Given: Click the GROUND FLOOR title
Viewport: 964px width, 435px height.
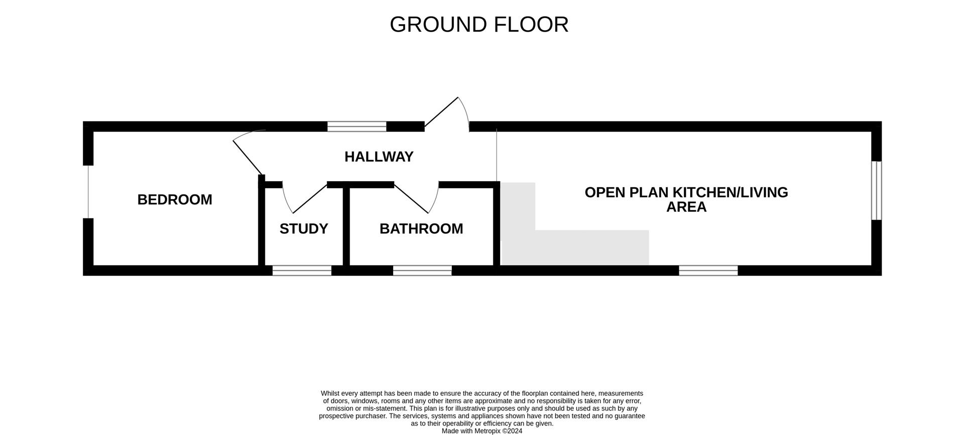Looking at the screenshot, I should (x=478, y=25).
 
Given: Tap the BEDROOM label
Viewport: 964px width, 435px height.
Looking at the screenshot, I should (x=175, y=200).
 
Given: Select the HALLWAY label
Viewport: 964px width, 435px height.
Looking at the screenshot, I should (x=379, y=157).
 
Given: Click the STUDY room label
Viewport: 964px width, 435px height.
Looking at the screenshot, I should (x=303, y=229).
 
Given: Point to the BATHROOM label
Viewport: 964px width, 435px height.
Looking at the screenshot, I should (x=421, y=229).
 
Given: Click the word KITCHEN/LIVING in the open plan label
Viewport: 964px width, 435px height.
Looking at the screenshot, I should (x=730, y=193).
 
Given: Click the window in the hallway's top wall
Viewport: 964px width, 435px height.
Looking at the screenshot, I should (x=356, y=126).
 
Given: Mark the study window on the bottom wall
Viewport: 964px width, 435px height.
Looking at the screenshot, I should (x=302, y=270).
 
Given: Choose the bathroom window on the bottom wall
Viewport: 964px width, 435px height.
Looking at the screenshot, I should (x=422, y=270).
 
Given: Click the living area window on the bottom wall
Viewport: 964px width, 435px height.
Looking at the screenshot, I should (x=708, y=270).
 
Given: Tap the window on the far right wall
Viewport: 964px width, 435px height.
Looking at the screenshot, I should (x=876, y=190).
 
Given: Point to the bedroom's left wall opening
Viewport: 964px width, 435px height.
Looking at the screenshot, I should (x=88, y=192).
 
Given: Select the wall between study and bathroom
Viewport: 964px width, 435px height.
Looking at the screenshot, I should (x=346, y=226).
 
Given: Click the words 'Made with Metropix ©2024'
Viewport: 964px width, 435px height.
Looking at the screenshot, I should (x=481, y=430).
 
